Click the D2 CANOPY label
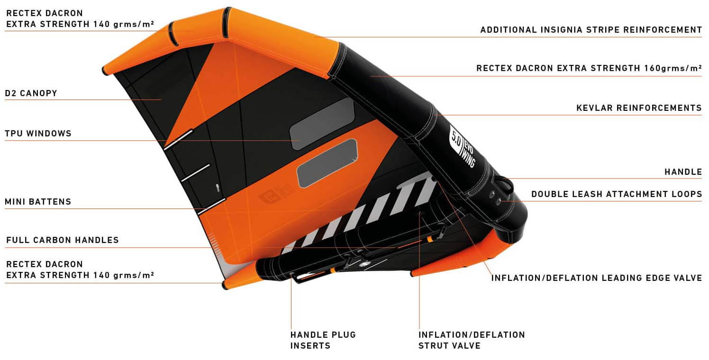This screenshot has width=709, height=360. [x=31, y=93]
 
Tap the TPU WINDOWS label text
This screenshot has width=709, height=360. [x=38, y=134]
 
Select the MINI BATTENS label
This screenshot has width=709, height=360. [x=38, y=202]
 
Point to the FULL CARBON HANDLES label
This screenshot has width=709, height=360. [x=62, y=240]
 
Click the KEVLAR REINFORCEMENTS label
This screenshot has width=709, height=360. [x=639, y=108]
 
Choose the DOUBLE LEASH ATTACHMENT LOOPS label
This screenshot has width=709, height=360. [x=616, y=194]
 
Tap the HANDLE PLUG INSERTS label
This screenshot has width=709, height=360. [x=323, y=340]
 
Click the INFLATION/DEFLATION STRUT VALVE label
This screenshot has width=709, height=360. [x=471, y=340]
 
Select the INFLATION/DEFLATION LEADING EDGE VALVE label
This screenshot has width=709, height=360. [x=596, y=278]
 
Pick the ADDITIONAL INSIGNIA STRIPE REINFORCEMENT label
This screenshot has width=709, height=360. [x=591, y=30]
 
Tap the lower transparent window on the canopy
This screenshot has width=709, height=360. [x=327, y=162]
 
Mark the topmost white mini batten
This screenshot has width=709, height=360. [x=178, y=139]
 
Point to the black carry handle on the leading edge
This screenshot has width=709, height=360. [x=505, y=185]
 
